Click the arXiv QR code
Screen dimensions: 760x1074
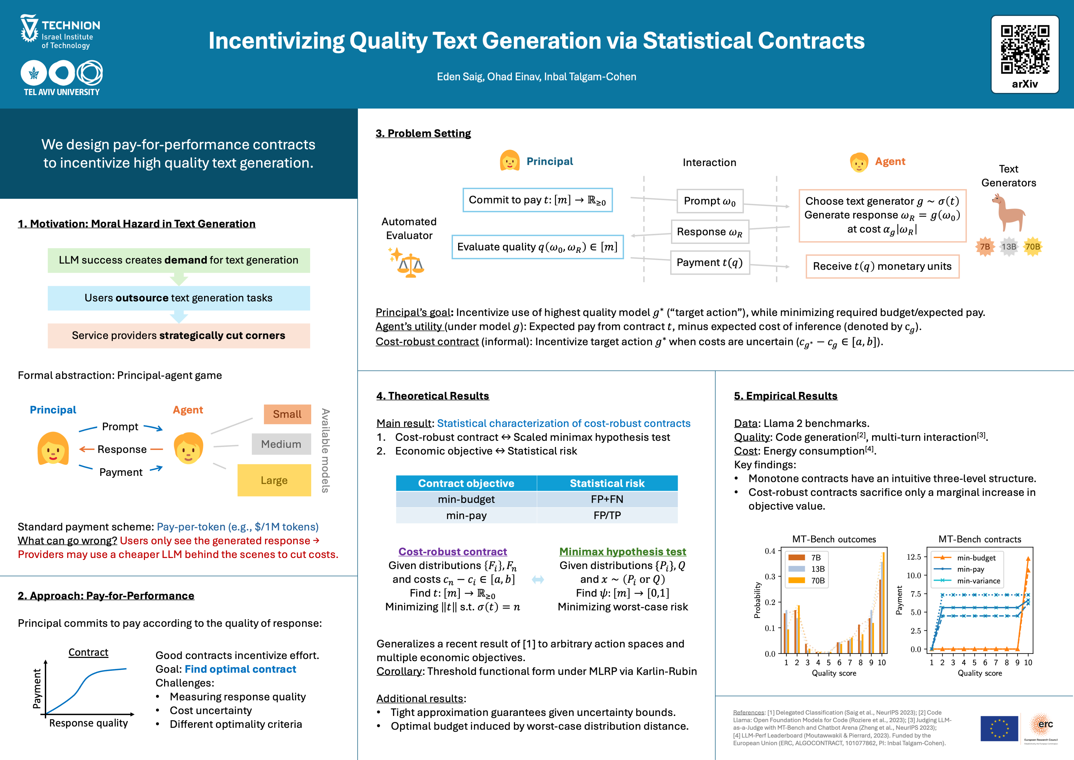(x=1024, y=50)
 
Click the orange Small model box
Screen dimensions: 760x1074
(x=287, y=414)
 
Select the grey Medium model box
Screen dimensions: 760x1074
(x=281, y=444)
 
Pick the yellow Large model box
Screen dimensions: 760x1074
(x=274, y=480)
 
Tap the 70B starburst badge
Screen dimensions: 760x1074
(x=1032, y=247)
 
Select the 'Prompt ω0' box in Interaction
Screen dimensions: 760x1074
(x=710, y=201)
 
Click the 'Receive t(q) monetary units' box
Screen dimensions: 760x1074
(x=882, y=266)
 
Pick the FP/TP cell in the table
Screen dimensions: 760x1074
(x=607, y=515)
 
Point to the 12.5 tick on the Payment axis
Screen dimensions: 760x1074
(x=913, y=557)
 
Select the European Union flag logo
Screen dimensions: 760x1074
(x=999, y=728)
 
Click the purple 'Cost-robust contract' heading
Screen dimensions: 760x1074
(x=452, y=552)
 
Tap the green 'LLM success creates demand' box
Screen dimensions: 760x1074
(x=179, y=260)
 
